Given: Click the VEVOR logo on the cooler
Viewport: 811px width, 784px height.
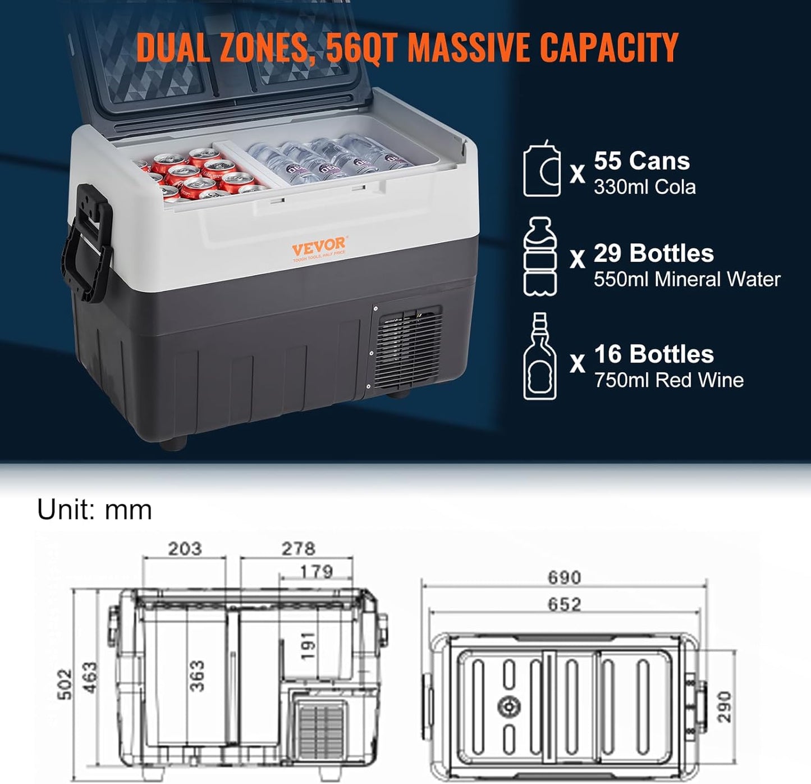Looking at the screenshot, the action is pyautogui.click(x=319, y=249).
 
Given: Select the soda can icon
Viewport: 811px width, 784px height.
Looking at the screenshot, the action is pyautogui.click(x=542, y=168).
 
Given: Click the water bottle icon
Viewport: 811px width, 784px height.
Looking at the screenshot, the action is pyautogui.click(x=540, y=257).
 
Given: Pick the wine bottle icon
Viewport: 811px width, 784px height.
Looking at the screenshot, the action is pyautogui.click(x=540, y=356).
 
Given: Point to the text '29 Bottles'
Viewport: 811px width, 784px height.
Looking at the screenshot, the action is pyautogui.click(x=653, y=253).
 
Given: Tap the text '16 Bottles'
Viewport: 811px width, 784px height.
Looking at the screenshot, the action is pyautogui.click(x=654, y=354).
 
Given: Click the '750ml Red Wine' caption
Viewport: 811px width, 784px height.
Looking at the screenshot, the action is pyautogui.click(x=669, y=380).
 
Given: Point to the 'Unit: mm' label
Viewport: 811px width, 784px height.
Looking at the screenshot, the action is pyautogui.click(x=95, y=509).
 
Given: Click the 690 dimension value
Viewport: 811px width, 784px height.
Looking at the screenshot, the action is pyautogui.click(x=564, y=577).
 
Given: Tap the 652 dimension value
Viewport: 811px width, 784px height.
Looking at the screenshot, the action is pyautogui.click(x=564, y=604).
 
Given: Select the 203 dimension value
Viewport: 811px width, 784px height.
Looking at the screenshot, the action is pyautogui.click(x=185, y=548).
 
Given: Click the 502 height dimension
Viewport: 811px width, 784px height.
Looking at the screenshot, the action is pyautogui.click(x=65, y=685).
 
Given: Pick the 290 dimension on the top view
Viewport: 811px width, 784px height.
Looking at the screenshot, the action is pyautogui.click(x=725, y=706).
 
